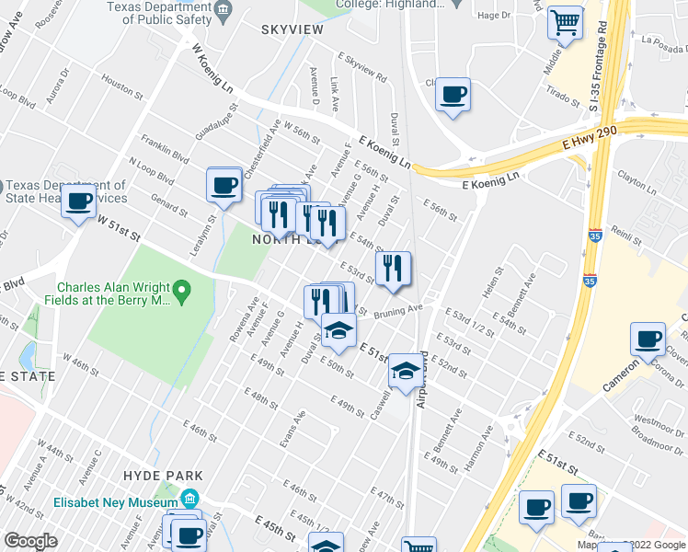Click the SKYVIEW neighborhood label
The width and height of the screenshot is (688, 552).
point(292,30)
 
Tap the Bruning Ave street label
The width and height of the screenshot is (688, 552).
point(397,312)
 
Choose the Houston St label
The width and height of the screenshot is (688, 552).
point(119,86)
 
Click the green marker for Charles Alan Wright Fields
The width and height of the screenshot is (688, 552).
point(181,293)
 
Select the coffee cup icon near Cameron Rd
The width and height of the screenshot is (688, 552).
point(648,339)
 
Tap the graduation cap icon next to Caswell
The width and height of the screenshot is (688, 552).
point(403,370)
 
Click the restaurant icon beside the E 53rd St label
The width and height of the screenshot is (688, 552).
point(393,269)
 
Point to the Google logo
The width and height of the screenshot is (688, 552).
point(30,541)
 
